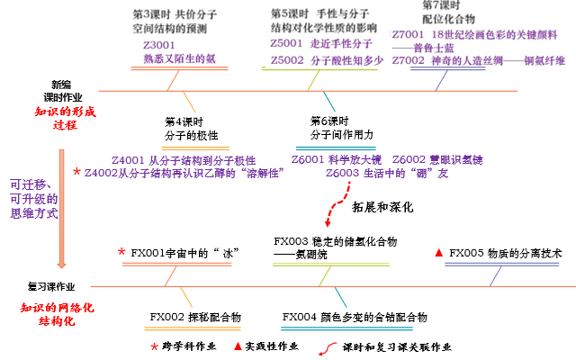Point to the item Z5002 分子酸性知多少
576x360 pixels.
click(328, 60)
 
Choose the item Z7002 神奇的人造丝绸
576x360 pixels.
click(479, 60)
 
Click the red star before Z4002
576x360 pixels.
click(76, 172)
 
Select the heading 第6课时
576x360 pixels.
click(328, 121)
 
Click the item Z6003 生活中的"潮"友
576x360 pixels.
click(374, 173)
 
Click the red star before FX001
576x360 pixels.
click(121, 253)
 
